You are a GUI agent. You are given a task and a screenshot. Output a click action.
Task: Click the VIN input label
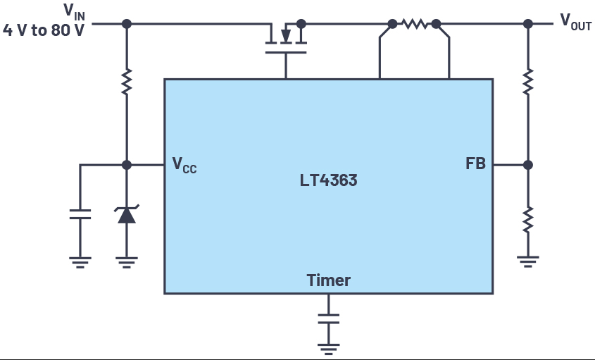pyautogui.click(x=75, y=11)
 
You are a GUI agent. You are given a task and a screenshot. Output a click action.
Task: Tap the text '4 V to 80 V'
pyautogui.click(x=43, y=30)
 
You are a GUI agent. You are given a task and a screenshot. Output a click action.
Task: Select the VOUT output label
pyautogui.click(x=576, y=22)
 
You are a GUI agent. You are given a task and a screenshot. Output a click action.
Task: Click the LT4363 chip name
pyautogui.click(x=328, y=180)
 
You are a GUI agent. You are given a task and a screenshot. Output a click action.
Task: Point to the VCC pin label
pyautogui.click(x=184, y=165)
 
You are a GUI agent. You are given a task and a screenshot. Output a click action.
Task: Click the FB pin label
pyautogui.click(x=475, y=163)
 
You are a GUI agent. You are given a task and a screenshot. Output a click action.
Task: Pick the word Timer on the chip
pyautogui.click(x=329, y=280)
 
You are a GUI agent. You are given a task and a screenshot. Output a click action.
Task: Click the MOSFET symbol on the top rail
pyautogui.click(x=286, y=39)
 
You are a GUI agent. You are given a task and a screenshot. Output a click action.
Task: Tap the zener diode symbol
pyautogui.click(x=127, y=214)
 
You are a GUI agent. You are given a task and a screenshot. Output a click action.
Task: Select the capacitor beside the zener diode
pyautogui.click(x=80, y=214)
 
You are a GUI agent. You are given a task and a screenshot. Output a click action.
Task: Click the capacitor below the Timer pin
pyautogui.click(x=329, y=318)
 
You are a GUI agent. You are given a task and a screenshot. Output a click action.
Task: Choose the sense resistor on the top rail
pyautogui.click(x=415, y=24)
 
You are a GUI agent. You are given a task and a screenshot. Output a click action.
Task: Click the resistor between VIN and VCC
pyautogui.click(x=127, y=82)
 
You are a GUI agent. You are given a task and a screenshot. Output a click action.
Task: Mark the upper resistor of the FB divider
pyautogui.click(x=528, y=82)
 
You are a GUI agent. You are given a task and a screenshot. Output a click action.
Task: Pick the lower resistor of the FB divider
pyautogui.click(x=528, y=220)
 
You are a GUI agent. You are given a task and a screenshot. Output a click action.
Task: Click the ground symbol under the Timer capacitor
pyautogui.click(x=329, y=349)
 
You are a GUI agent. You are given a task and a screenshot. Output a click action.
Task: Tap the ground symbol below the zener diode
pyautogui.click(x=127, y=262)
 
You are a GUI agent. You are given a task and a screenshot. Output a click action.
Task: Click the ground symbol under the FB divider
pyautogui.click(x=528, y=261)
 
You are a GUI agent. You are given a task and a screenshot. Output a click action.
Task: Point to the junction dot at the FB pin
pyautogui.click(x=528, y=165)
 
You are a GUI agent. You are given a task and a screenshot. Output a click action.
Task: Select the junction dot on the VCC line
pyautogui.click(x=127, y=165)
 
